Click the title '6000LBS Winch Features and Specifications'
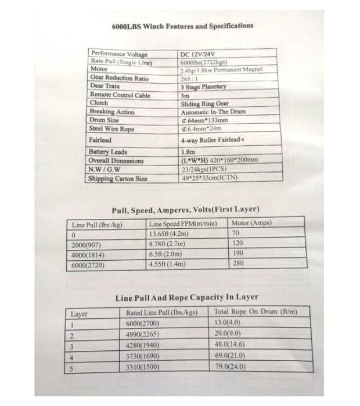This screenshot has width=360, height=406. tap(182, 26)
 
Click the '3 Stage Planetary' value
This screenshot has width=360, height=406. tap(203, 87)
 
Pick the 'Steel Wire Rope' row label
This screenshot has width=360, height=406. tap(111, 128)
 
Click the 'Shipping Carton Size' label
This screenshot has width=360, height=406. tap(117, 179)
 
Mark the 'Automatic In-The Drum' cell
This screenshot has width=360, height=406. tap(213, 112)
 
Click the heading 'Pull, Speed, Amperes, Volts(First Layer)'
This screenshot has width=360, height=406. tap(185, 209)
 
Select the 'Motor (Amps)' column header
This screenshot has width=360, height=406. tap(251, 223)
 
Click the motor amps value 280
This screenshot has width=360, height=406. tap(238, 263)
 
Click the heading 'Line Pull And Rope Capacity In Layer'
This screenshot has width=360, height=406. tap(186, 297)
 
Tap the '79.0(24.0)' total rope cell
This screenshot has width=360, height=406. tap(230, 367)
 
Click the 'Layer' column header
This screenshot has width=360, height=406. tap(79, 314)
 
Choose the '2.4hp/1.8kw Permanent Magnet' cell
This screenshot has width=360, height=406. tap(221, 70)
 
